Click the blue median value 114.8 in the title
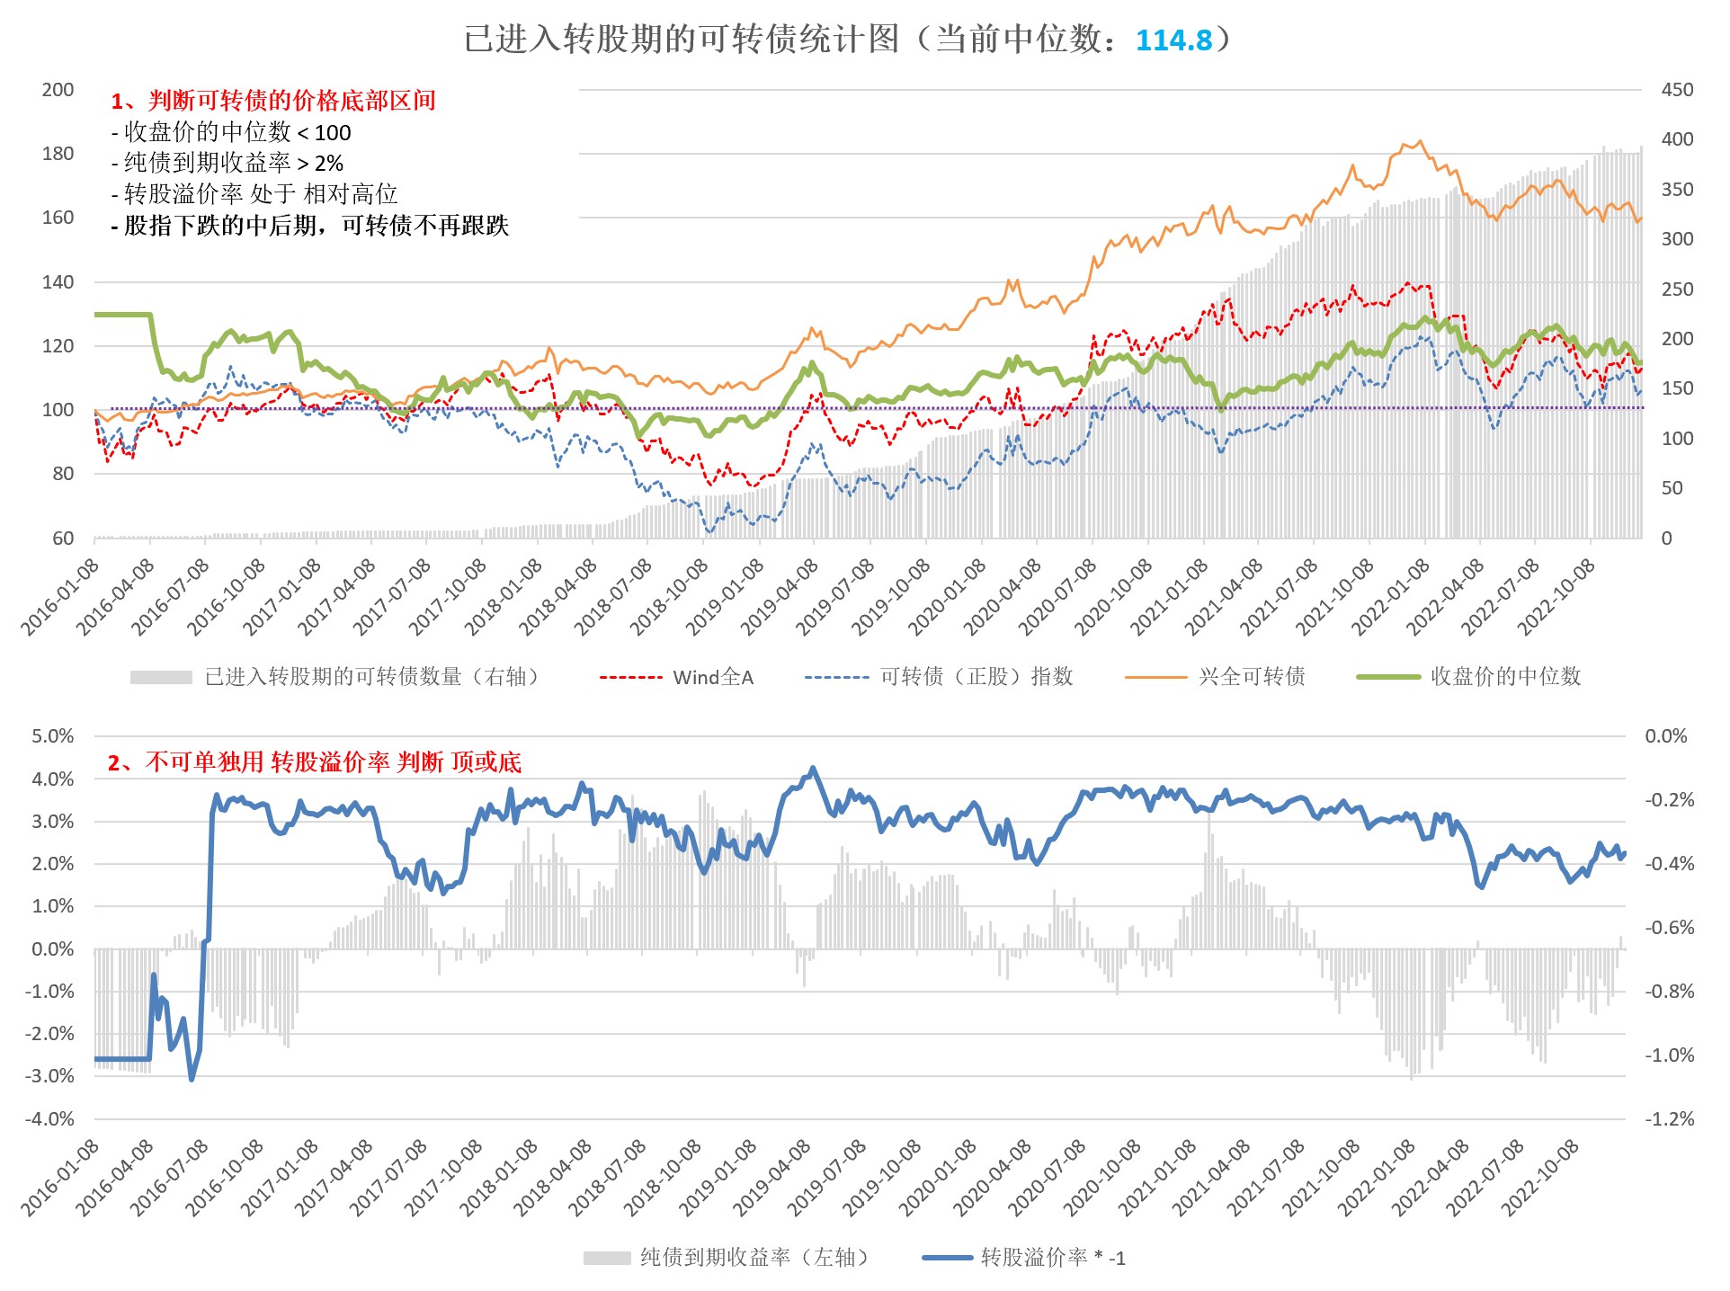(1173, 40)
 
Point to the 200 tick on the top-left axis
(58, 90)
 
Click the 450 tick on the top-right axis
(1677, 90)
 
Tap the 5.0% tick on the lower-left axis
(53, 736)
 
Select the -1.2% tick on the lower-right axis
(1669, 1119)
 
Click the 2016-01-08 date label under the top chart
(59, 598)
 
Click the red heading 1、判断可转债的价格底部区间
(273, 101)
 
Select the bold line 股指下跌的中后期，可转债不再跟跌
(310, 225)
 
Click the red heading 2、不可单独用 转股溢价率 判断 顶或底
(315, 762)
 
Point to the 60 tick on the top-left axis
(63, 539)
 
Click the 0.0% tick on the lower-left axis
(53, 949)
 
